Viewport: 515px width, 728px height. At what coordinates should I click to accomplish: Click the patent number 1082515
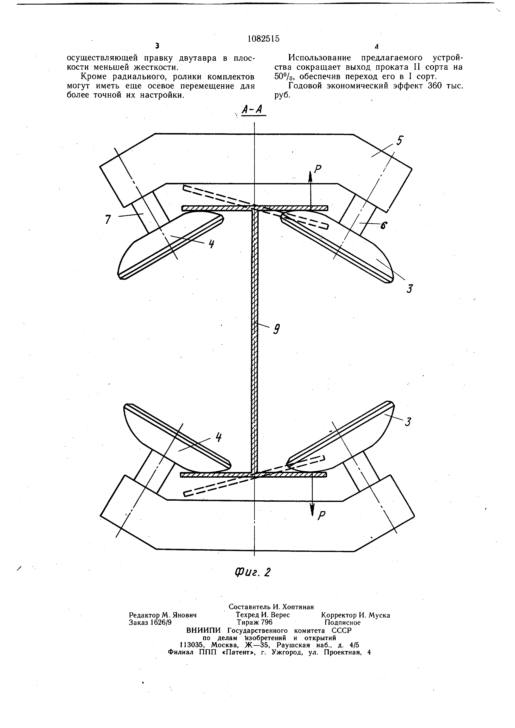[x=264, y=39]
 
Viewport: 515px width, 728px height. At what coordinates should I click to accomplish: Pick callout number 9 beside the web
[x=277, y=330]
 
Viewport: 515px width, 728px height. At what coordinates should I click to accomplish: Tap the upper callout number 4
[x=212, y=244]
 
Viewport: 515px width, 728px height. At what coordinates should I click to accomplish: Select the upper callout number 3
[x=410, y=289]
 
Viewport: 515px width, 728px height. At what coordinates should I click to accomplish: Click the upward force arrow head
[x=310, y=176]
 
